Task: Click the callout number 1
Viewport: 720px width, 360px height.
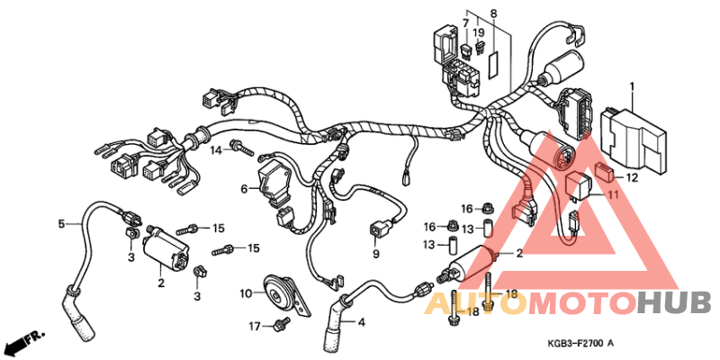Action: click(632, 88)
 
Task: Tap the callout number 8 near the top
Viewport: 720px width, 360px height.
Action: click(493, 14)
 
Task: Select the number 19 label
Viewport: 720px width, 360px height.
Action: click(479, 31)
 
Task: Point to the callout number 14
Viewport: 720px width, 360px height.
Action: click(216, 150)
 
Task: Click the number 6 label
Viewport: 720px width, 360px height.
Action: click(243, 189)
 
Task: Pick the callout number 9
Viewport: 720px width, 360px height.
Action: click(376, 254)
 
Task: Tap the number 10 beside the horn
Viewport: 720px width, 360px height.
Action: click(245, 293)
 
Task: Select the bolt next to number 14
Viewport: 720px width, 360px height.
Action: click(240, 146)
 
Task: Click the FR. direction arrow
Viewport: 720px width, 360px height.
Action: click(23, 343)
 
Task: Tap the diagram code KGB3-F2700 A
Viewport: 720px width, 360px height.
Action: click(580, 343)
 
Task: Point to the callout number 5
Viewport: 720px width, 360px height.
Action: click(62, 223)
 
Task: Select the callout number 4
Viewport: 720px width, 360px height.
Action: click(362, 321)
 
